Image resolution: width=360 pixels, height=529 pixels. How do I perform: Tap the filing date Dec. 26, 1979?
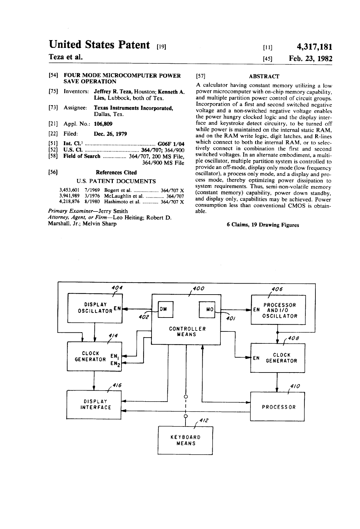click(110, 134)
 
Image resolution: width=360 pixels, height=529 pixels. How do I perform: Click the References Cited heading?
click(116, 173)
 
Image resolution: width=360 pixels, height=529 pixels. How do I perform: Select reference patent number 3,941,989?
click(69, 196)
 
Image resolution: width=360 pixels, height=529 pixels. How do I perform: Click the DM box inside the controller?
click(165, 309)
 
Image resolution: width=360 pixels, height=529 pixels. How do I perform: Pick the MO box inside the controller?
click(207, 309)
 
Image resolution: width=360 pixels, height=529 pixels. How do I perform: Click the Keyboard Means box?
click(185, 440)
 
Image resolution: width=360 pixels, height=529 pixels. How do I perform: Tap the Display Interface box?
click(94, 405)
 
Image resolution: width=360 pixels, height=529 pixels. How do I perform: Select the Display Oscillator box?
click(94, 308)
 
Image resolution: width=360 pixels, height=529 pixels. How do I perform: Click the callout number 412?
click(204, 421)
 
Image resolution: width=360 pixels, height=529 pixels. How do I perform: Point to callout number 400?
click(198, 288)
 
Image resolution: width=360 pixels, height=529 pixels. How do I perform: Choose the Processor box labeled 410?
click(278, 407)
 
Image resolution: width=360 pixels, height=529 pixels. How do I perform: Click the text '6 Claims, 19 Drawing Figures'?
click(263, 225)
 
